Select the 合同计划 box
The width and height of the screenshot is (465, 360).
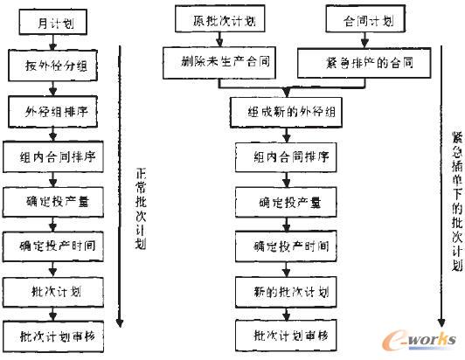(358, 19)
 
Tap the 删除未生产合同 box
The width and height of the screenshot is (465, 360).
(209, 62)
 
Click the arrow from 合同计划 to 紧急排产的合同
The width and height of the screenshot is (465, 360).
(358, 40)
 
